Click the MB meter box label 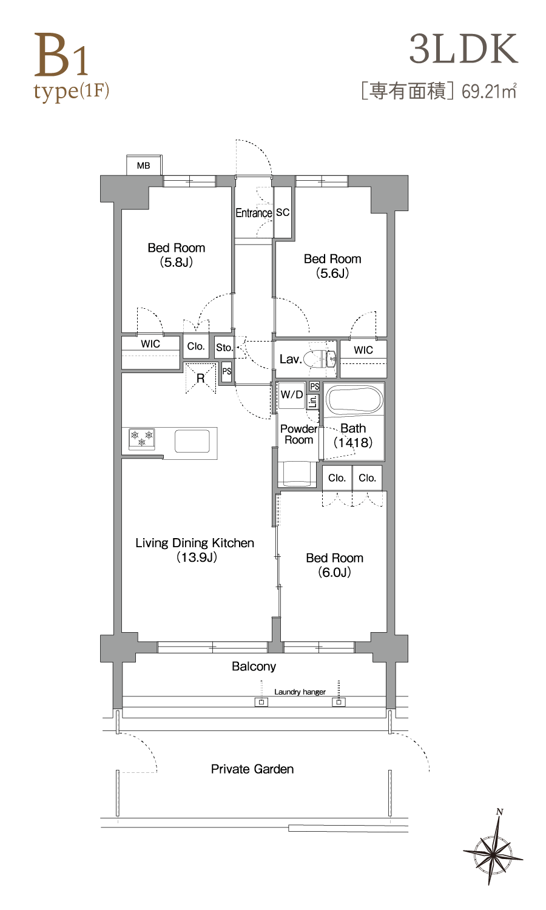coord(143,166)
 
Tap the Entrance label coord(254,213)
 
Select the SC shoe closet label coord(283,212)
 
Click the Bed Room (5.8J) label coord(177,255)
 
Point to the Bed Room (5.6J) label coord(332,266)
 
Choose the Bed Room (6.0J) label coord(334,565)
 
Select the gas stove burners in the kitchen coord(142,439)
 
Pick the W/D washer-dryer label coord(292,394)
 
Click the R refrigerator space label coord(200,379)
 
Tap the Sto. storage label coord(224,348)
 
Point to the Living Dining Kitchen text coord(195,543)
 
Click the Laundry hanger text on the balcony coord(300,692)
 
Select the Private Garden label coord(252,769)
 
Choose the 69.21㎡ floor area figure coord(489,92)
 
